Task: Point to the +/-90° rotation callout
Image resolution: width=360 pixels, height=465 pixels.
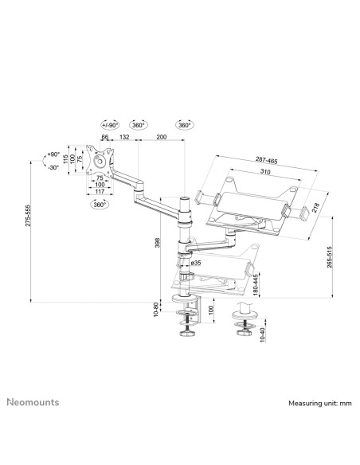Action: [110, 125]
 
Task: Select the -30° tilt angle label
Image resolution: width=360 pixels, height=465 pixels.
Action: [53, 167]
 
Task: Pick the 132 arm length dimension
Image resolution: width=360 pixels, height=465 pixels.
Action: [124, 137]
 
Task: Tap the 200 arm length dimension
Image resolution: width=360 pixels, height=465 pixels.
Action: [162, 137]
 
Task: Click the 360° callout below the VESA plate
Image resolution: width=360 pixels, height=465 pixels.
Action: [123, 203]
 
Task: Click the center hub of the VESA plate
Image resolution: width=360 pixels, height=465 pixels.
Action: [100, 159]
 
